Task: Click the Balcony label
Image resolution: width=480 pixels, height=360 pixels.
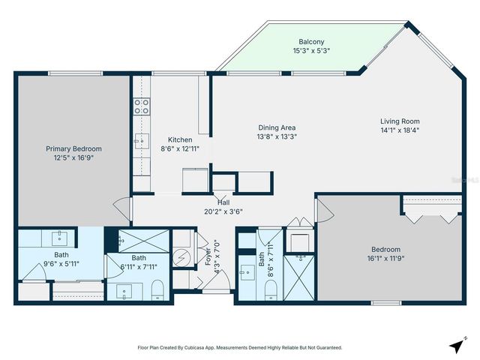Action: point(311,41)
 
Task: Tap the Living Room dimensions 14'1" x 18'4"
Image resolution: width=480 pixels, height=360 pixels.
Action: point(399,130)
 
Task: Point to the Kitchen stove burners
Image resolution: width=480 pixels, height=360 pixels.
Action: point(141,108)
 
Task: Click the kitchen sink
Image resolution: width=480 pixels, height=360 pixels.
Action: point(141,139)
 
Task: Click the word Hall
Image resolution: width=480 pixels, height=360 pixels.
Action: point(223,202)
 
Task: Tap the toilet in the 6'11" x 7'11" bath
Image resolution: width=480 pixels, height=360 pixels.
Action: point(157,289)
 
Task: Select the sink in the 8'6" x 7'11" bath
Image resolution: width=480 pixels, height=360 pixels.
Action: point(247,272)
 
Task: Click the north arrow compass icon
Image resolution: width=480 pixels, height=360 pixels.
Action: point(455,346)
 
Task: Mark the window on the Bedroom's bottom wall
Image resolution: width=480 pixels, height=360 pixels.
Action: point(385,303)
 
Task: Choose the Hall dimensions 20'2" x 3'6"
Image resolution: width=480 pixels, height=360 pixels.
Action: point(223,211)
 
